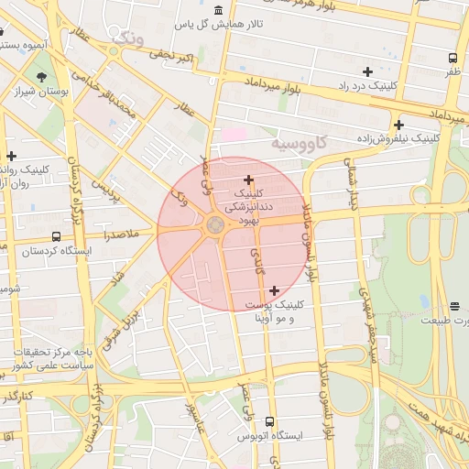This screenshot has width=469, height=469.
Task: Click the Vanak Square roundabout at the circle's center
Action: (x=215, y=225)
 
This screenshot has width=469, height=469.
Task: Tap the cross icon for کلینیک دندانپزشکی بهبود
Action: (x=248, y=180)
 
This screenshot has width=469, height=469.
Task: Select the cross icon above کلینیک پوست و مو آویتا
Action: (x=274, y=290)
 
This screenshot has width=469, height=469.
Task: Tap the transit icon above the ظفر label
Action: (x=453, y=59)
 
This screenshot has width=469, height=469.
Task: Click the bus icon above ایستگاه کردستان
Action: (x=57, y=236)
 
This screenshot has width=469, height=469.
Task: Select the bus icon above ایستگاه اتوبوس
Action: (x=268, y=421)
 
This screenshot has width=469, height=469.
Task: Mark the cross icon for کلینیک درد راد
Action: (x=367, y=71)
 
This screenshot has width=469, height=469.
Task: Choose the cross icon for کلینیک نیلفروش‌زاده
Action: (x=398, y=125)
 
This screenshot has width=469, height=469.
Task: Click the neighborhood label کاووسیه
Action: (x=300, y=145)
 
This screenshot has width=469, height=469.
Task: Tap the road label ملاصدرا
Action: (x=120, y=234)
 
